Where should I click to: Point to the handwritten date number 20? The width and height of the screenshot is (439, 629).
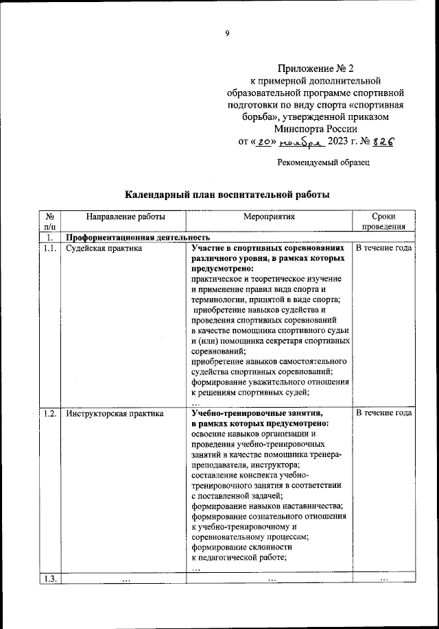click(x=263, y=142)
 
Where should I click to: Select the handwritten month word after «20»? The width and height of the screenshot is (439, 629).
click(x=300, y=143)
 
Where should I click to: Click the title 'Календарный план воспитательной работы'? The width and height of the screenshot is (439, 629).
click(x=227, y=195)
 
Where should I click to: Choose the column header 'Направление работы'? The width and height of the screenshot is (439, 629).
click(x=125, y=217)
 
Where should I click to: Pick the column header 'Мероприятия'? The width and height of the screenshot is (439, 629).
click(x=269, y=217)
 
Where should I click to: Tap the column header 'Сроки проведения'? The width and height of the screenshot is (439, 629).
click(x=384, y=221)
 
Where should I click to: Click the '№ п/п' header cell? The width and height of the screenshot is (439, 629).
click(x=50, y=221)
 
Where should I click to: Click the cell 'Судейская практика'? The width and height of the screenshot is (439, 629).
click(x=104, y=248)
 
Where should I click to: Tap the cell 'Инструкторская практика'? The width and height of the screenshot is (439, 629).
click(x=115, y=413)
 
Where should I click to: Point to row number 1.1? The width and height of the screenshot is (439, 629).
click(x=49, y=248)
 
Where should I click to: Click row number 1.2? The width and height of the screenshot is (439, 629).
click(x=49, y=413)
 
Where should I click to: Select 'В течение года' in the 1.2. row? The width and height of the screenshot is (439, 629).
click(x=384, y=413)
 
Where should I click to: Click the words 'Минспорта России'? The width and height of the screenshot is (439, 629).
click(x=315, y=129)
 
